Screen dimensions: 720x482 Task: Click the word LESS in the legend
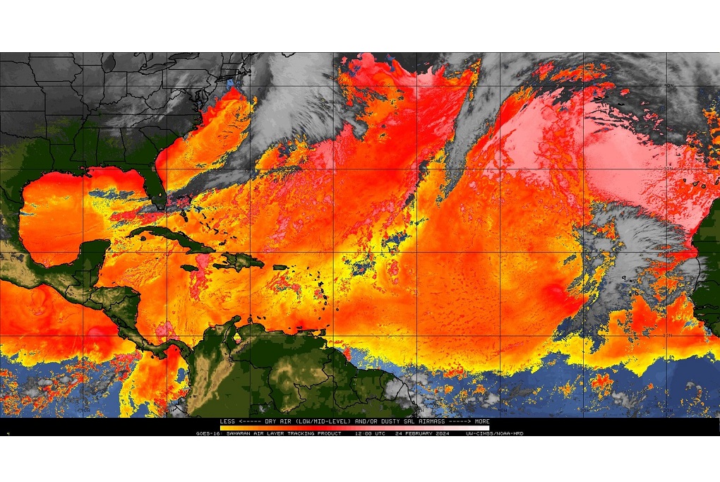227,421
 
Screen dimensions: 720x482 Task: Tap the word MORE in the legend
482,421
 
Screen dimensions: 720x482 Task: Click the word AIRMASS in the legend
421,421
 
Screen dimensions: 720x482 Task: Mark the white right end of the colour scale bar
486,428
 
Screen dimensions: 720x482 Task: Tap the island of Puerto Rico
280,267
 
